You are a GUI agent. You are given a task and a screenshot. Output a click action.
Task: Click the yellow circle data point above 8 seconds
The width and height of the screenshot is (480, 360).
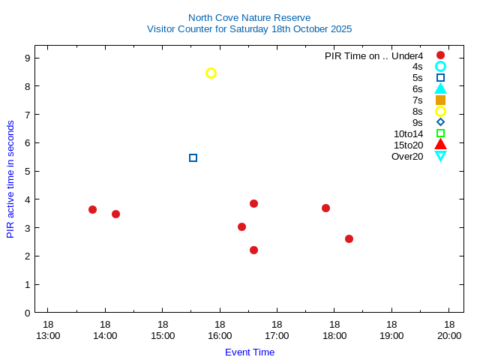pyautogui.click(x=211, y=73)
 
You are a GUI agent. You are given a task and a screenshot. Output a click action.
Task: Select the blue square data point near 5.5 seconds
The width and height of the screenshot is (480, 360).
pyautogui.click(x=193, y=157)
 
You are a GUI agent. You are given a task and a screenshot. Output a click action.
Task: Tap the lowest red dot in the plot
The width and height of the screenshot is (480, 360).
pyautogui.click(x=253, y=250)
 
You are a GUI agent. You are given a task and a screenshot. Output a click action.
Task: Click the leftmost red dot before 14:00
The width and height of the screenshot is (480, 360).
pyautogui.click(x=92, y=209)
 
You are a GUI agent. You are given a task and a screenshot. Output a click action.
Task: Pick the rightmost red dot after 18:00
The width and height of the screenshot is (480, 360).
pyautogui.click(x=349, y=238)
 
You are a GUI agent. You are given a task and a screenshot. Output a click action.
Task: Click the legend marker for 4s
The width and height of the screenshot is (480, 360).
pyautogui.click(x=440, y=66)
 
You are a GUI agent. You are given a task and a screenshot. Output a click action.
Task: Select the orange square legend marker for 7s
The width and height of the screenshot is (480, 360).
pyautogui.click(x=440, y=100)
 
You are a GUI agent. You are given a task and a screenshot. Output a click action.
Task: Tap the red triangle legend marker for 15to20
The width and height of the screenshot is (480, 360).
pyautogui.click(x=440, y=144)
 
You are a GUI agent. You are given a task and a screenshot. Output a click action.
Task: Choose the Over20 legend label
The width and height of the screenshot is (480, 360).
pyautogui.click(x=407, y=156)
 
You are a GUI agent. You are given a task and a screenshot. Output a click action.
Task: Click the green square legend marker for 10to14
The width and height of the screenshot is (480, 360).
pyautogui.click(x=440, y=133)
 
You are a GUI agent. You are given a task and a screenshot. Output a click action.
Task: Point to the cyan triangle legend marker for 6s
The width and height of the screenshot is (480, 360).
pyautogui.click(x=440, y=88)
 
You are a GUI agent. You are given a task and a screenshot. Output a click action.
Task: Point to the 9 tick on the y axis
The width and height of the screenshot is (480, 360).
pyautogui.click(x=27, y=58)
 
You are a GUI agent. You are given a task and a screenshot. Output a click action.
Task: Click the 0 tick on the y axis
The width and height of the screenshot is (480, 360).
pyautogui.click(x=27, y=313)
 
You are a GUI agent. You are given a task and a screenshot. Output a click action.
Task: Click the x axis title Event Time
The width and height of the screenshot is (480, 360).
pyautogui.click(x=250, y=352)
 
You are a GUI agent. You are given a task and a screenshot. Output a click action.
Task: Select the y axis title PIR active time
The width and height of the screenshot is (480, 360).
pyautogui.click(x=10, y=178)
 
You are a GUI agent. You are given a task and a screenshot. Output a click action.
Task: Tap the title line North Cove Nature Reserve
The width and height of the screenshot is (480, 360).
pyautogui.click(x=249, y=17)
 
